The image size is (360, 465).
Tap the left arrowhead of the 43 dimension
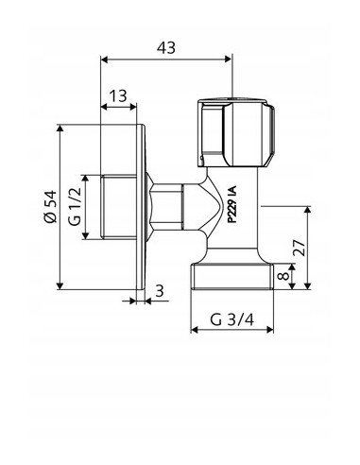point(103,60)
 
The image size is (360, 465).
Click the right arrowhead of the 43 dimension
point(229,60)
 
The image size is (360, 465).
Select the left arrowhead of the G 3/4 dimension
point(196,331)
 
